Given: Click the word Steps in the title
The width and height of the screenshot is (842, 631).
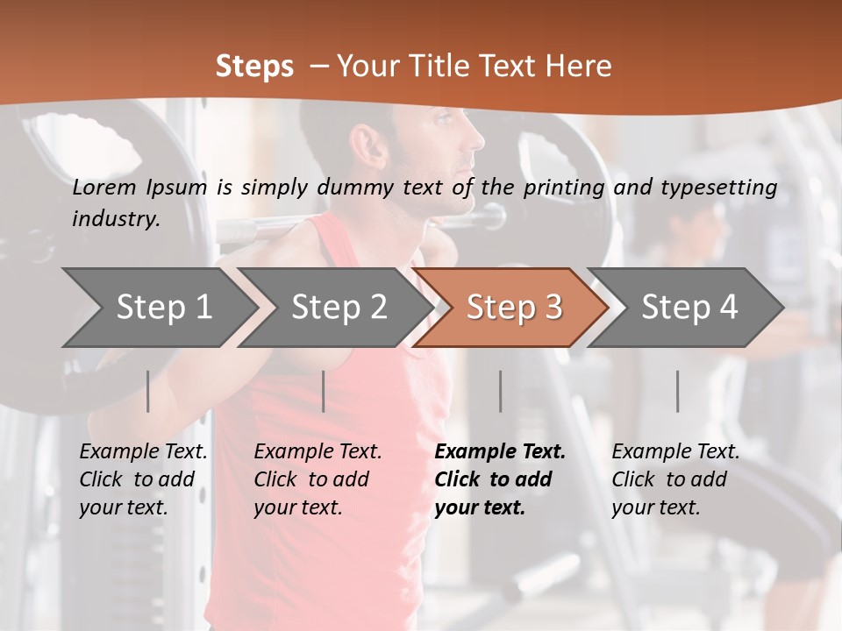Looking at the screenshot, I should (x=254, y=66).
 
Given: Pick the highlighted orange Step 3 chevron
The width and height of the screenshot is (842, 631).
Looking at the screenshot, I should (x=514, y=307).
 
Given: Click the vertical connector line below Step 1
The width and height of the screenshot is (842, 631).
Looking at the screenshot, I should (x=148, y=391).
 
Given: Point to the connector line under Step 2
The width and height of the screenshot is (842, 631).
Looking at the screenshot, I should (x=324, y=391).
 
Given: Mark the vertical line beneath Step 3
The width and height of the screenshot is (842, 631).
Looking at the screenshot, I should (x=501, y=391).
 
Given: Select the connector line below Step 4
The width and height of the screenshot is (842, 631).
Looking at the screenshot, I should (x=678, y=391).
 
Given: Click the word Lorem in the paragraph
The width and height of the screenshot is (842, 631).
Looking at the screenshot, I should (x=104, y=187).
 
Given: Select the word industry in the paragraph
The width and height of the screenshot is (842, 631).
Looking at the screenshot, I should (x=116, y=219).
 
